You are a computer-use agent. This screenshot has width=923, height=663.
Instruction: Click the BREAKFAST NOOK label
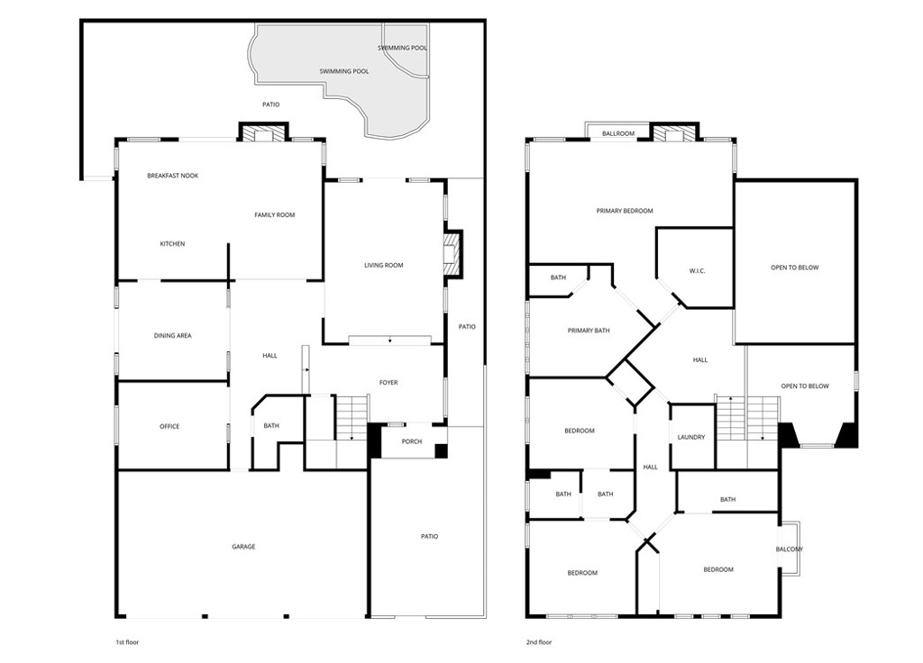click(172, 176)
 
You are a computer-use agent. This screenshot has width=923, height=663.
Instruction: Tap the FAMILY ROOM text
click(274, 214)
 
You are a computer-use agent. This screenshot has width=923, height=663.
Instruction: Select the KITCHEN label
click(172, 243)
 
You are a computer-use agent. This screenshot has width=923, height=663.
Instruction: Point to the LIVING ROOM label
click(384, 266)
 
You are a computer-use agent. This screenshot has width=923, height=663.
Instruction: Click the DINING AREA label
click(172, 335)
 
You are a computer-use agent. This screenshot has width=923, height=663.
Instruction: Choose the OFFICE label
click(169, 426)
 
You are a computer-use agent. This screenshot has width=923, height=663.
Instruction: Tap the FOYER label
click(388, 382)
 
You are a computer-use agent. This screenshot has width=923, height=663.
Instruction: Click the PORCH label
click(412, 441)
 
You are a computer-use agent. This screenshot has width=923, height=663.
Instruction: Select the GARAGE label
click(243, 547)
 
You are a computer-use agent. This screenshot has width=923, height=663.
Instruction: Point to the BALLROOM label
click(618, 133)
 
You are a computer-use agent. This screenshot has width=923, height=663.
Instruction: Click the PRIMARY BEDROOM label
click(625, 211)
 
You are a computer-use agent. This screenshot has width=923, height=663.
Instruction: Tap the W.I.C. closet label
click(697, 271)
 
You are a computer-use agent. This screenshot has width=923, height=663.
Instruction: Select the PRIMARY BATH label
click(589, 331)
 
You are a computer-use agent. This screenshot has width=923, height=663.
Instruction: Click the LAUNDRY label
click(691, 437)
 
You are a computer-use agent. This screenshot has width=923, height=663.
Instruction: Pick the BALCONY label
click(790, 549)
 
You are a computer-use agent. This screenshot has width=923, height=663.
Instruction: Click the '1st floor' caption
click(127, 642)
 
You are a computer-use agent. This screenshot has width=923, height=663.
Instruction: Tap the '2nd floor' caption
click(539, 642)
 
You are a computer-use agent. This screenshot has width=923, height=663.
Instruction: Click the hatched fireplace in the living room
click(452, 253)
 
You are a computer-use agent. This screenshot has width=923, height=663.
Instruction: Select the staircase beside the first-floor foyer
click(352, 418)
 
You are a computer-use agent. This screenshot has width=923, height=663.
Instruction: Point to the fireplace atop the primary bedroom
click(675, 133)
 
